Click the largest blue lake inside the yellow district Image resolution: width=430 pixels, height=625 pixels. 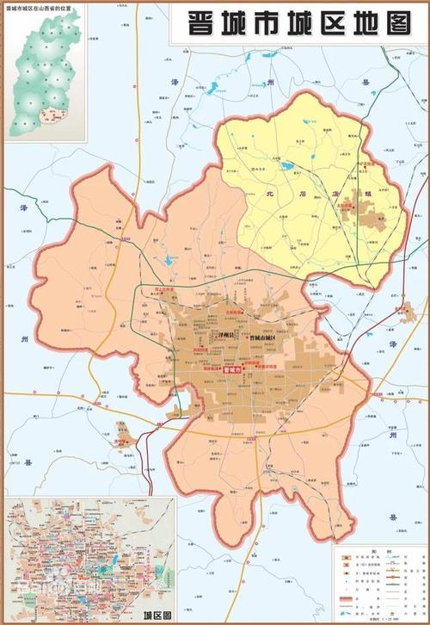coord(286,165)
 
